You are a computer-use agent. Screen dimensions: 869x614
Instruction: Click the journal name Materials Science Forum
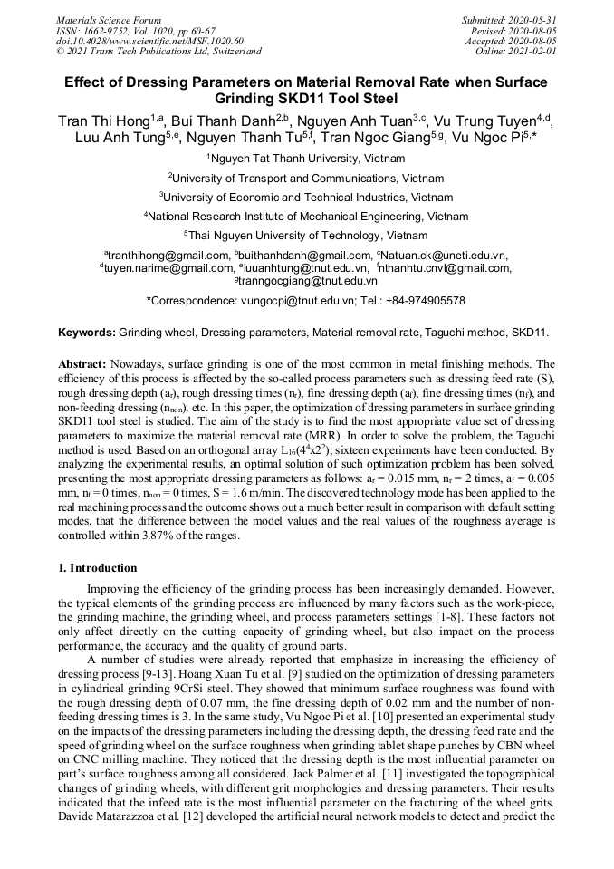109,19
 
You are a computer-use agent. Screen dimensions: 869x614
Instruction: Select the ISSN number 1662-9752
107,30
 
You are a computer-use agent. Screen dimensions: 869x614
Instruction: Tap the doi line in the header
149,41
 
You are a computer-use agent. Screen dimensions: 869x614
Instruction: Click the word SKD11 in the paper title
273,99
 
